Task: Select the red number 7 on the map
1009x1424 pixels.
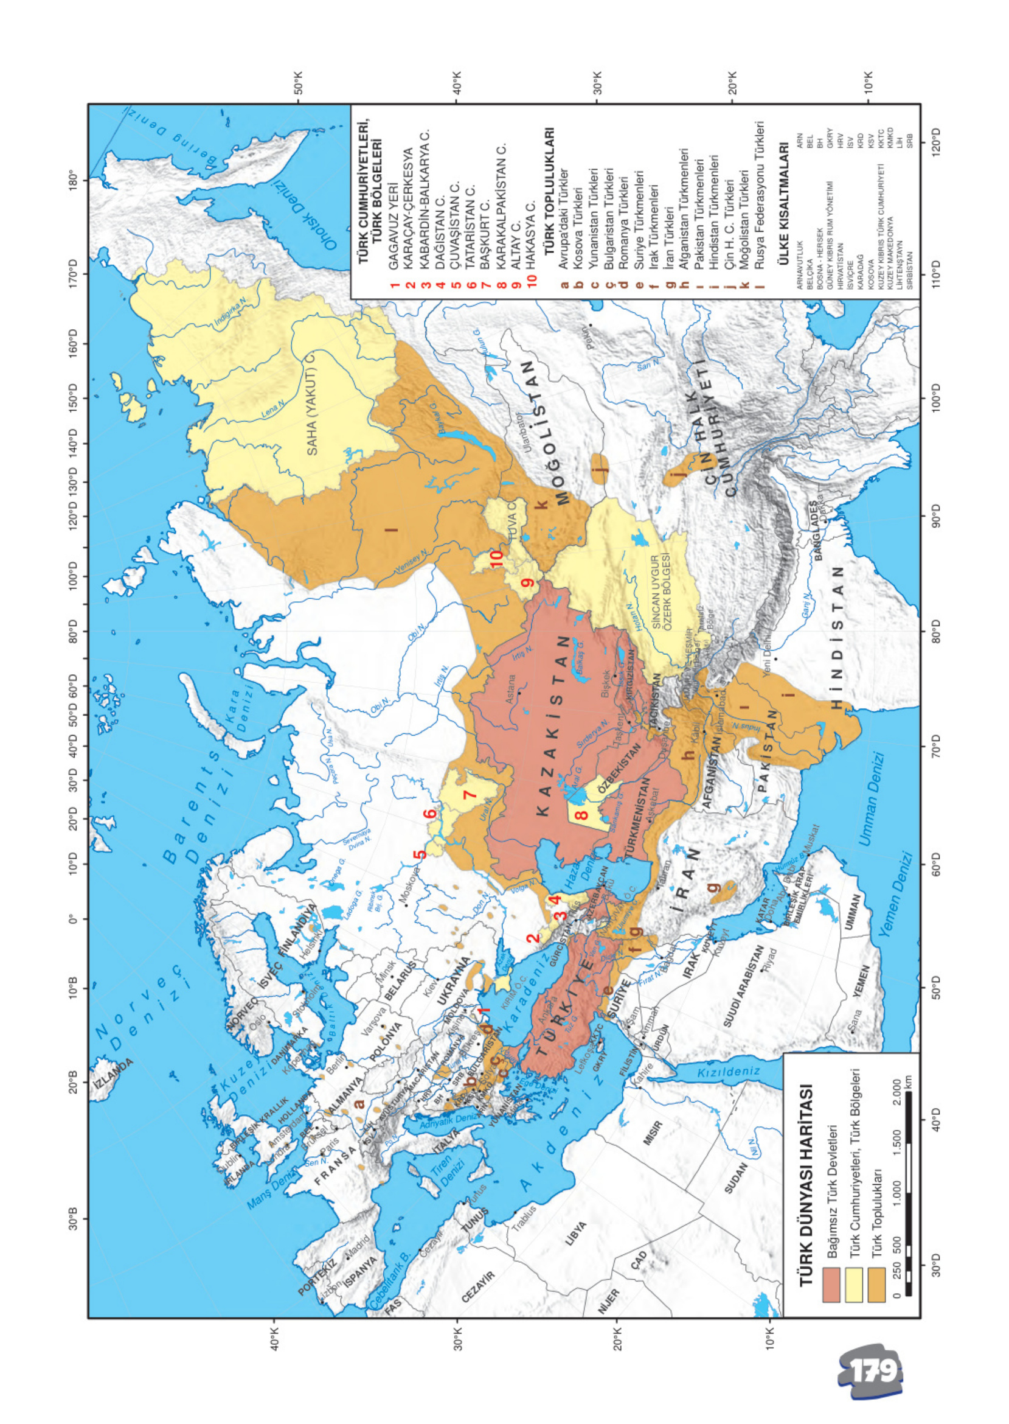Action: tap(470, 794)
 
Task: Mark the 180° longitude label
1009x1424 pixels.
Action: tap(73, 180)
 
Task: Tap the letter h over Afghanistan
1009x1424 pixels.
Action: tap(688, 755)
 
